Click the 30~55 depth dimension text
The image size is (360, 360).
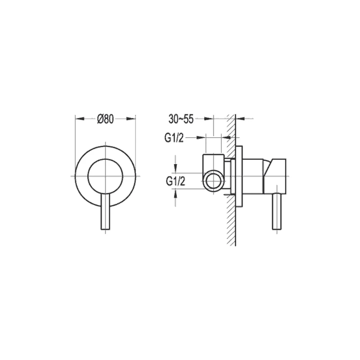point(181,119)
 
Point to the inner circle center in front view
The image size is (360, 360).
point(105,175)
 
